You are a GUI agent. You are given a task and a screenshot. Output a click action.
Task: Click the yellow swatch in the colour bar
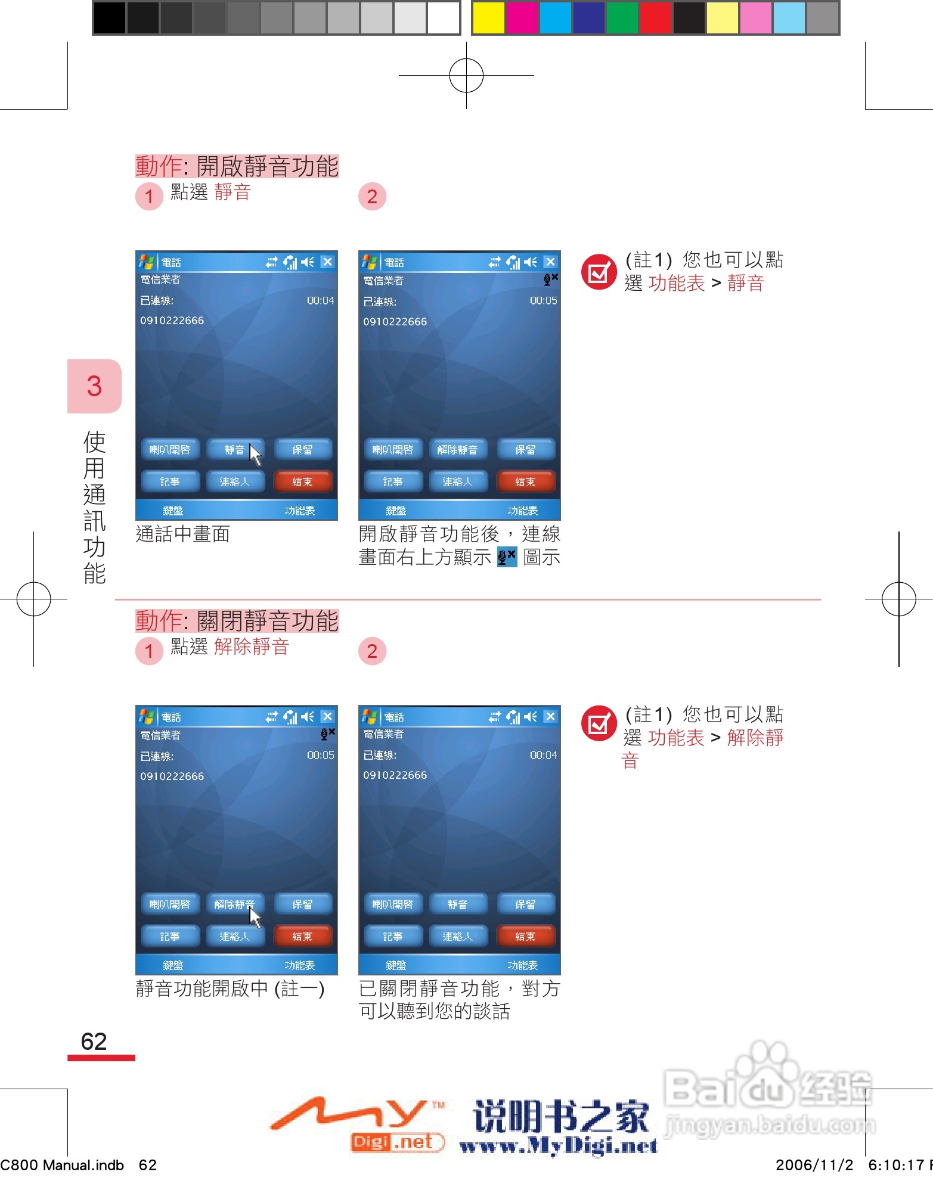point(488,18)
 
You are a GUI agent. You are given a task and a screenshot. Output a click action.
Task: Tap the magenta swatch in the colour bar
point(522,18)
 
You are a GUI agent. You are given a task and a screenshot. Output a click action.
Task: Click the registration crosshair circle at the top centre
point(466,76)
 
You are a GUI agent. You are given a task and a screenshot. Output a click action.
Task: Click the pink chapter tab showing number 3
point(94,386)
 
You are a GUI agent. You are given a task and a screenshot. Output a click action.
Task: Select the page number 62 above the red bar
point(94,1042)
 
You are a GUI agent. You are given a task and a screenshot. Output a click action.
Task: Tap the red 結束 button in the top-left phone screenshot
point(302,481)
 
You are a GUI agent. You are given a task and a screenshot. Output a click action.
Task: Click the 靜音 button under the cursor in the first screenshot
point(234,449)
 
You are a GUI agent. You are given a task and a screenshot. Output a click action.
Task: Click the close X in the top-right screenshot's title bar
point(550,262)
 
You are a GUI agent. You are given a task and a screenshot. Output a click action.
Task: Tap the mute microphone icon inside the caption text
point(507,557)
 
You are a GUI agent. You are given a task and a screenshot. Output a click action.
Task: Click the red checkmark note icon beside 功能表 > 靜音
point(599,272)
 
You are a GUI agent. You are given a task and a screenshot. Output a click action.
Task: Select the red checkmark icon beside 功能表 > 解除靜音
point(599,723)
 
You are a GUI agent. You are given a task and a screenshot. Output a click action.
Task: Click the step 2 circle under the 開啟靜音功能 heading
point(372,197)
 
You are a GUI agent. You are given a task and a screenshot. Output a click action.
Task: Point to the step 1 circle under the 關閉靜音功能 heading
point(149,651)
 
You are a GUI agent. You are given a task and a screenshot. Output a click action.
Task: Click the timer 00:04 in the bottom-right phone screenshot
point(543,755)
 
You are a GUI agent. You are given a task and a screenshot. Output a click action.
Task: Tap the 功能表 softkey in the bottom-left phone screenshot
point(299,965)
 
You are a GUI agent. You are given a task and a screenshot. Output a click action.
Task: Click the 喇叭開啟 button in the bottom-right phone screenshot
point(392,904)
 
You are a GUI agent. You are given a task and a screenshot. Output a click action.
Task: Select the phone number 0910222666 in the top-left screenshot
point(172,321)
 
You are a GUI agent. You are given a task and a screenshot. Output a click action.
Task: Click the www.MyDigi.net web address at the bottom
point(558,1145)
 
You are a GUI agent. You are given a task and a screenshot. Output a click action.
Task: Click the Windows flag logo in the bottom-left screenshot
point(146,716)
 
